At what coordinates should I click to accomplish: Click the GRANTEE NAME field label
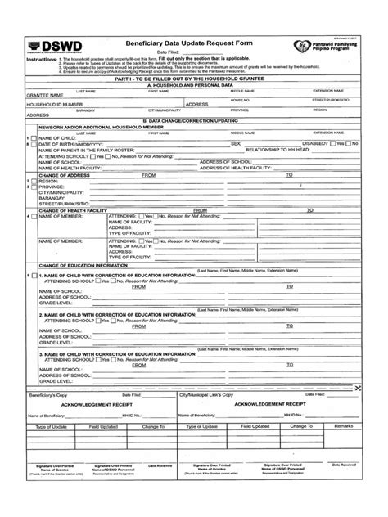coord(46,96)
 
